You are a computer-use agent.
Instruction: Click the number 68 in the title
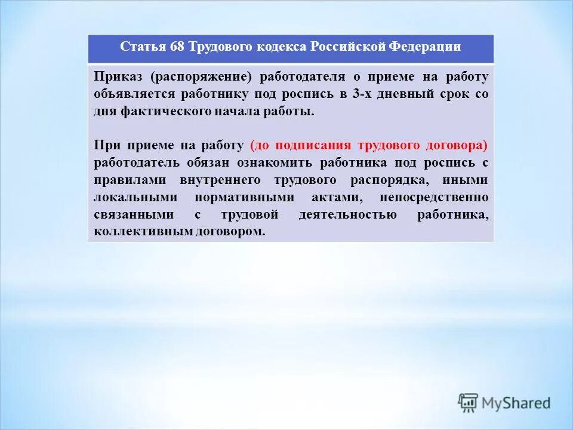coord(177,47)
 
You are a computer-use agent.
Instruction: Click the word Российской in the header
coord(348,47)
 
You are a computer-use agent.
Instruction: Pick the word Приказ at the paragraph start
coord(119,76)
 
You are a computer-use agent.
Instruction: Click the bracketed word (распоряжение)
coord(202,76)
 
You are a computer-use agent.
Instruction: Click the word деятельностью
coord(347,214)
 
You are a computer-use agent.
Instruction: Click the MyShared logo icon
coord(469,403)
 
